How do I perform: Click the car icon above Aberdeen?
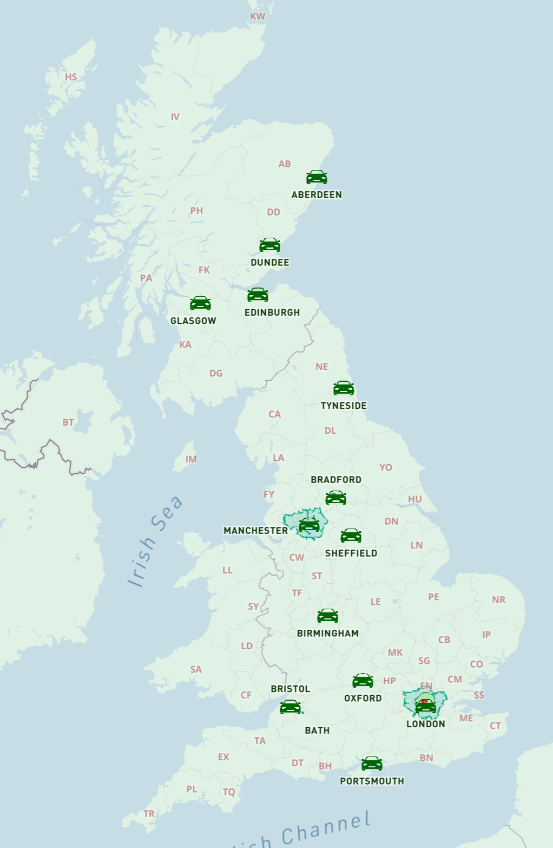tap(317, 177)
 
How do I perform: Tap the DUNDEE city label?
tap(270, 263)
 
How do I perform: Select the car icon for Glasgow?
tap(200, 303)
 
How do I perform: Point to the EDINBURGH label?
tap(272, 312)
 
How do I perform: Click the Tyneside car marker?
tap(344, 388)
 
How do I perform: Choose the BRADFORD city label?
tap(336, 480)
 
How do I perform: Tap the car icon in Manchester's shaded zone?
tap(309, 524)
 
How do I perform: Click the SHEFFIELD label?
tap(351, 553)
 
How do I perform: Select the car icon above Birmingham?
tap(327, 616)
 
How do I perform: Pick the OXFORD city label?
tap(363, 698)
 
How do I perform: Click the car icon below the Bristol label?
tap(291, 707)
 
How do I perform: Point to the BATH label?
tap(317, 730)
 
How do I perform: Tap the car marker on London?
tap(425, 706)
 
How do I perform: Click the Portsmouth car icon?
tap(372, 764)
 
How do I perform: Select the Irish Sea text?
tap(155, 542)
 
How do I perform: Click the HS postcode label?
tap(71, 77)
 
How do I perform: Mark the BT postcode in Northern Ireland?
tap(68, 422)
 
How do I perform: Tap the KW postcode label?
tap(258, 16)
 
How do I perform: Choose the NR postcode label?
tap(499, 599)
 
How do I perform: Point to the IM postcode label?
tap(191, 459)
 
